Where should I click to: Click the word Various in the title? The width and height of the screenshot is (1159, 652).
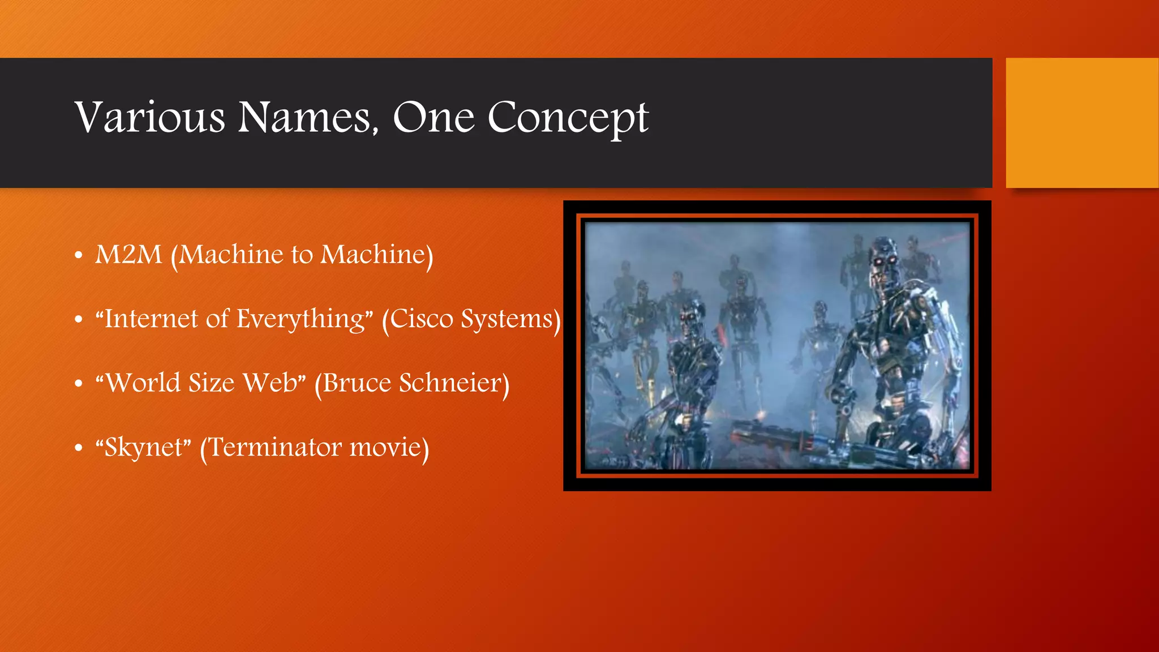(150, 118)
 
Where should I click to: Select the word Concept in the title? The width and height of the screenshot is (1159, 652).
(568, 118)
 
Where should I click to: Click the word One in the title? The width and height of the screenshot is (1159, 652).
(433, 118)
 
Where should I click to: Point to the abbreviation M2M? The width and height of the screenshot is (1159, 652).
(128, 255)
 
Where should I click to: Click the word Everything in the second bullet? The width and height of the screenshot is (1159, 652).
(301, 319)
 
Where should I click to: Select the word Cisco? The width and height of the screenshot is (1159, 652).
(422, 319)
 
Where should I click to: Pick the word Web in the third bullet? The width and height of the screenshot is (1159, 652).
(271, 383)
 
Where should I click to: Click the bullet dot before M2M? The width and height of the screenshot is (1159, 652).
(79, 256)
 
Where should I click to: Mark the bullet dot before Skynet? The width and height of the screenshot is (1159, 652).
(79, 449)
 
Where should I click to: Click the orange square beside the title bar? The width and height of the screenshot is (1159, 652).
(1081, 123)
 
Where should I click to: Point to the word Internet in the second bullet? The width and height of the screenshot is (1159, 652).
(150, 319)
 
